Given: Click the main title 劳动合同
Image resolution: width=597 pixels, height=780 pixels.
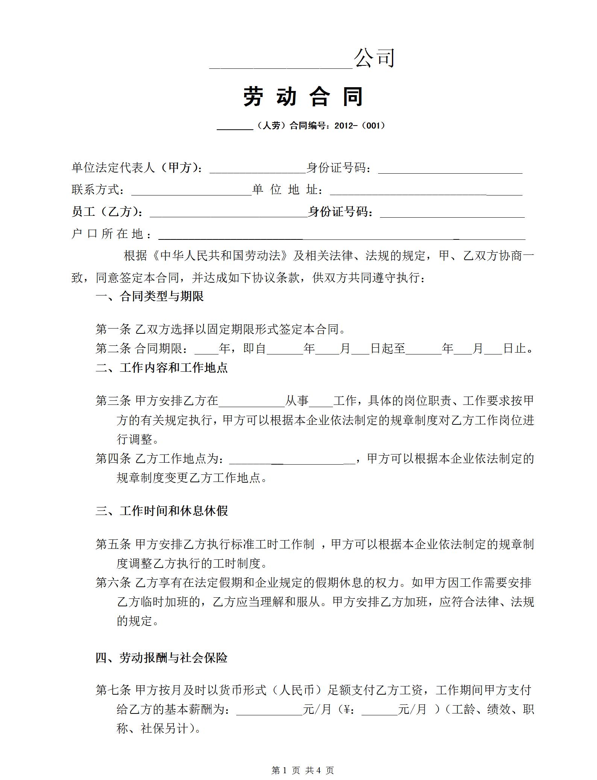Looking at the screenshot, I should pos(303,97).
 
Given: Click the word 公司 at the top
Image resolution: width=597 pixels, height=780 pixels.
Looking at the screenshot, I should pos(374,58).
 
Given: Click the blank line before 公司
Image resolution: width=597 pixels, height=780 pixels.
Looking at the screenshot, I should pos(281,64).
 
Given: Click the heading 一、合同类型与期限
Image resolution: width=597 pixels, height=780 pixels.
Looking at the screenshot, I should pos(150,297).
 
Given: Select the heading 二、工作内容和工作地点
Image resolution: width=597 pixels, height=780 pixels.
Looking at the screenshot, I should pos(162,368).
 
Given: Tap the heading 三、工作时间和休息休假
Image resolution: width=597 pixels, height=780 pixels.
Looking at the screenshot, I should pos(162,511).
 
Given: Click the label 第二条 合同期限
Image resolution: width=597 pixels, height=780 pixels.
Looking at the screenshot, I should pos(141,349).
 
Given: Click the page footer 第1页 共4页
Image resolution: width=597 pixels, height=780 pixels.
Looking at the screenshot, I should pos(302,770).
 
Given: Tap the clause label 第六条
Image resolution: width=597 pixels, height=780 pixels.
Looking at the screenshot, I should pos(113,583).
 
